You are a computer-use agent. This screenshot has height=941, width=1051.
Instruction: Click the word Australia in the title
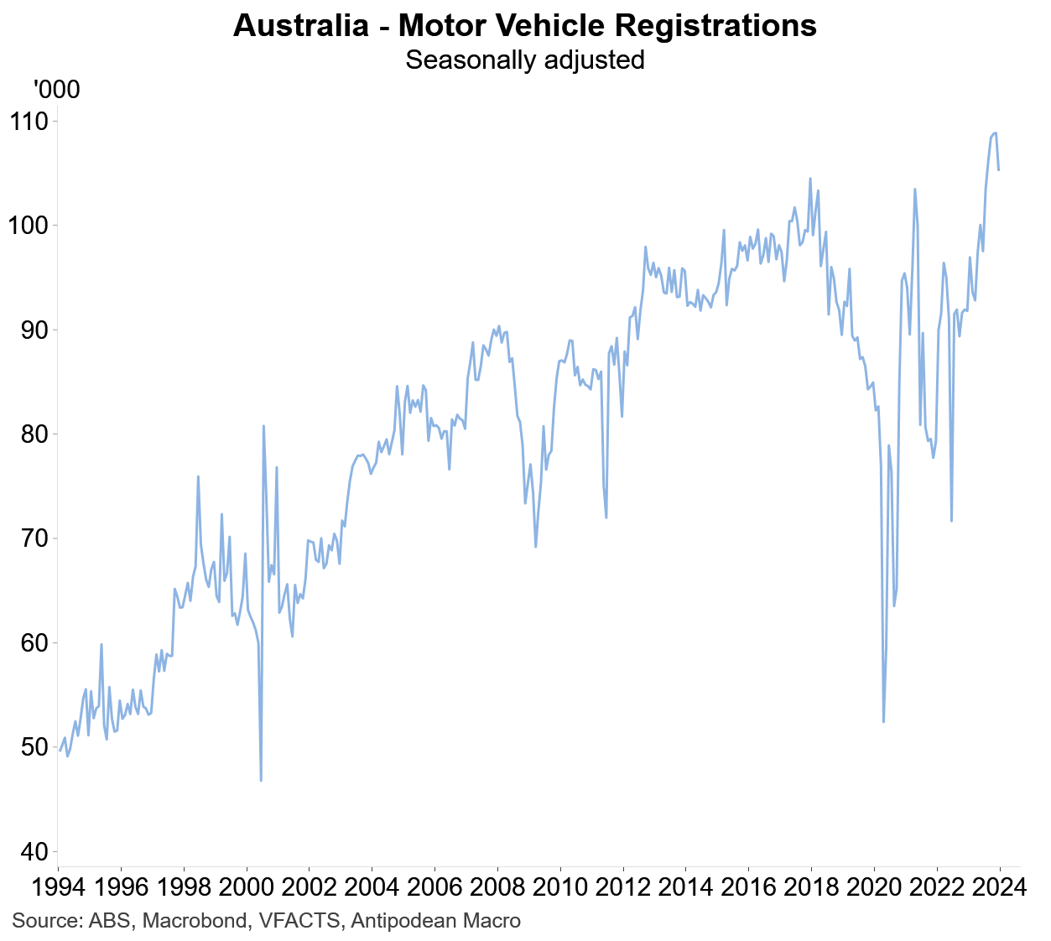coord(300,26)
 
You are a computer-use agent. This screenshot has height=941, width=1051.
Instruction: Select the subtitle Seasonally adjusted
coord(524,60)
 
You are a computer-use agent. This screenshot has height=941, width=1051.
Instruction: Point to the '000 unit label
coord(56,89)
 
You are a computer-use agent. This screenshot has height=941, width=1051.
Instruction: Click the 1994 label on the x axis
coord(58,887)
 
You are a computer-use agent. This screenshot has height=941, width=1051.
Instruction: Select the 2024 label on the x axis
coord(998,887)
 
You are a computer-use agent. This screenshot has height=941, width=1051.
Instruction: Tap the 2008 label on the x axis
coord(497,887)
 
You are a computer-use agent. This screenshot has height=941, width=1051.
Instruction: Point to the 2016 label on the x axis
coord(747,887)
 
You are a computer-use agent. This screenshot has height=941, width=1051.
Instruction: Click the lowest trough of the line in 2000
coord(261,780)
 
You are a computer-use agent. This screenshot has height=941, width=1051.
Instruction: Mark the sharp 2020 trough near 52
coord(883,721)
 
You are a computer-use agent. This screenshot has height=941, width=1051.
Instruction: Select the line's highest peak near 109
coord(994,133)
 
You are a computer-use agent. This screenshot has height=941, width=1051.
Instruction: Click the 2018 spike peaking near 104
coord(810,179)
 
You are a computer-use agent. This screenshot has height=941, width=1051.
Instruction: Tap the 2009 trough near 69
coord(535,547)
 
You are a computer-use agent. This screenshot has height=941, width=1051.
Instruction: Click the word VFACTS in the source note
coord(300,921)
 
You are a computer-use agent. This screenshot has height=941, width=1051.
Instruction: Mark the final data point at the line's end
coord(998,170)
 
